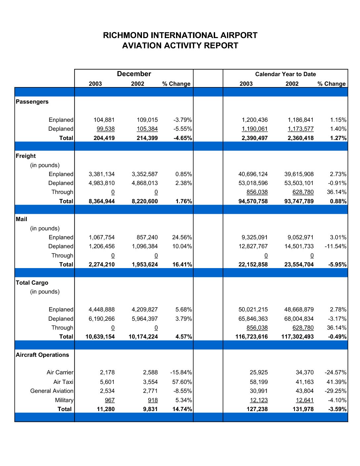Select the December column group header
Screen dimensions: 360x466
pos(134,74)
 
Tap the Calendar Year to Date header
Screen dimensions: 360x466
pos(285,74)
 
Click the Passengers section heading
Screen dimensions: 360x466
pos(32,102)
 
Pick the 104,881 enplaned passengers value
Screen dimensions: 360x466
pos(104,120)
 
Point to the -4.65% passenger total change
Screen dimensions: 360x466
pos(183,138)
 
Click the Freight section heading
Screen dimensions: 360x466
pos(26,156)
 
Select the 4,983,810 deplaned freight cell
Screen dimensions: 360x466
pos(102,183)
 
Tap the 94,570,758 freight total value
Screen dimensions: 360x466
pos(253,201)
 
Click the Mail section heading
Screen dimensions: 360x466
pos(22,219)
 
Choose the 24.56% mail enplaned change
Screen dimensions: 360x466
pos(182,237)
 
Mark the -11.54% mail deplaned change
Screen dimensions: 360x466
pos(336,246)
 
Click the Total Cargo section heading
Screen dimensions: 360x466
pos(32,283)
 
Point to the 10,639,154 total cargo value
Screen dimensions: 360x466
pos(100,337)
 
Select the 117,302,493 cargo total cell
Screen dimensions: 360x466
pos(297,337)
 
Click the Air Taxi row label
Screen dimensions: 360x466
pos(63,382)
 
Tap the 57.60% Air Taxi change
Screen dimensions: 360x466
pos(182,382)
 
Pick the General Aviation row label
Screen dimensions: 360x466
pos(52,391)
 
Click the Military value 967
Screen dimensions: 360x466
pos(110,400)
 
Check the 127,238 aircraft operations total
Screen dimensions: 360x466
pos(257,409)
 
